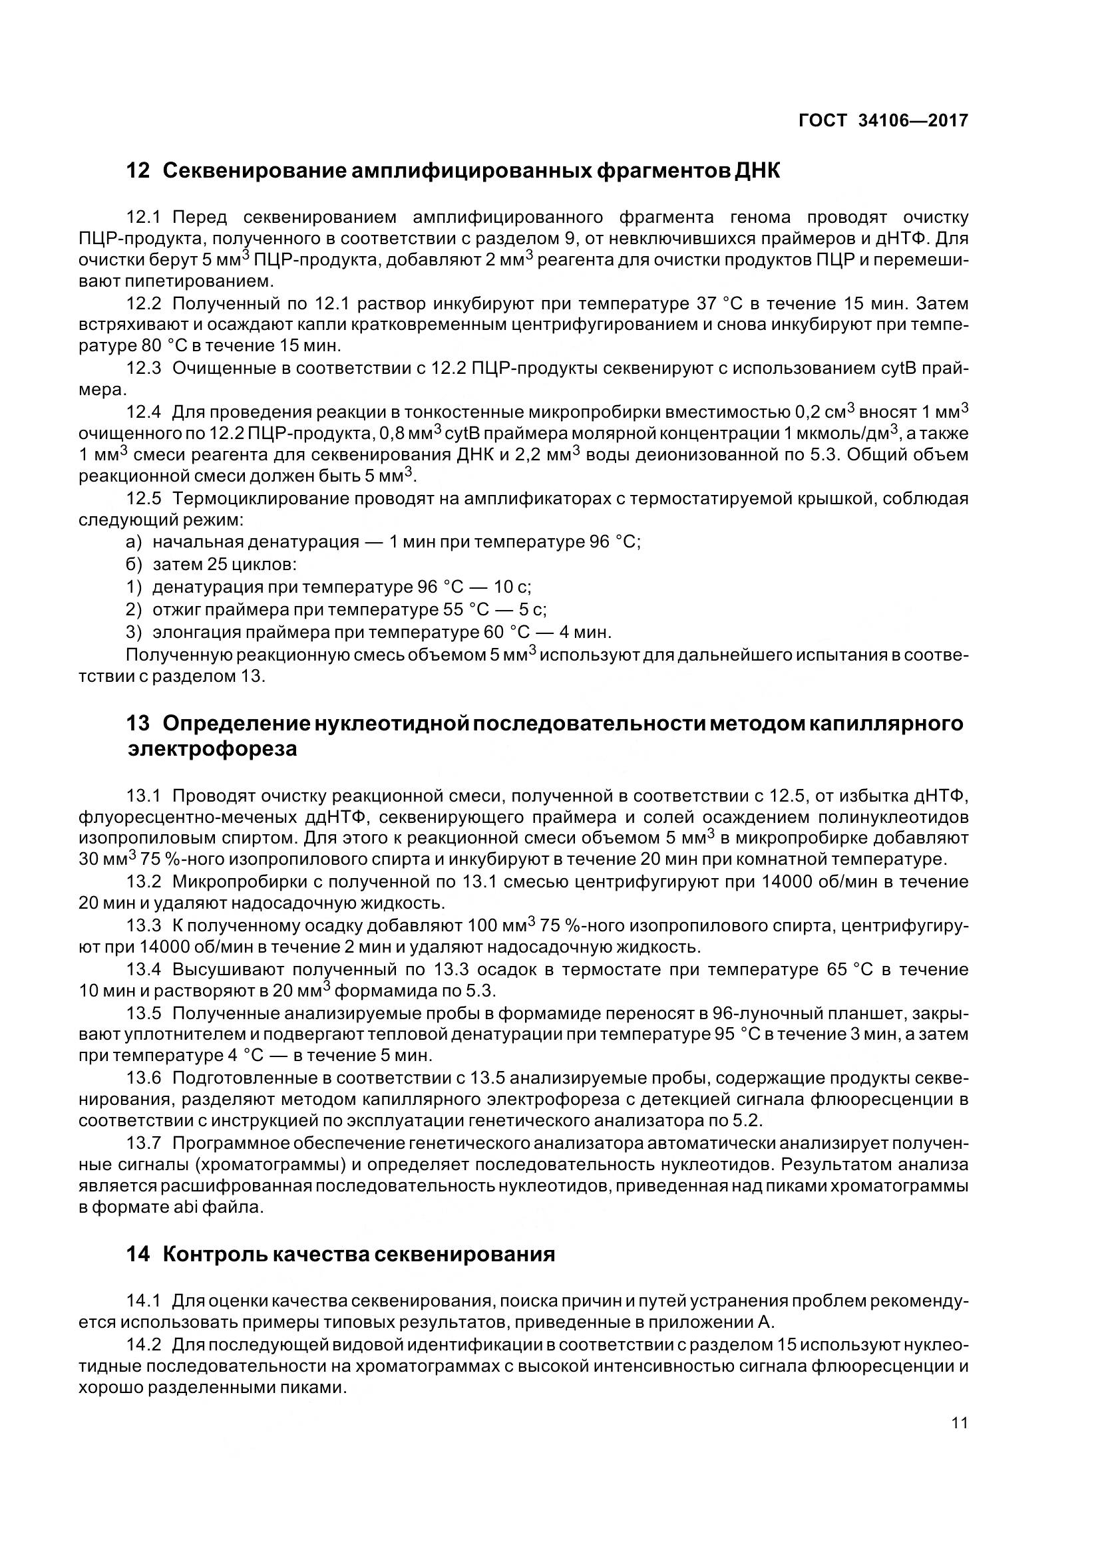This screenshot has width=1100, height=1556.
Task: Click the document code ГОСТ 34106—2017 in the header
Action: click(883, 120)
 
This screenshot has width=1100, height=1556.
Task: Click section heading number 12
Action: click(138, 171)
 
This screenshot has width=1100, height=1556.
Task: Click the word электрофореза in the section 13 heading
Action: click(212, 749)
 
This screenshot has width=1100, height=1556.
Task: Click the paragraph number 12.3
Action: click(144, 368)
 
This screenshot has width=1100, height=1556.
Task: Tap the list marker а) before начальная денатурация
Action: click(134, 542)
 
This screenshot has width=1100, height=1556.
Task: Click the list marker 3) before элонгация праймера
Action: click(134, 632)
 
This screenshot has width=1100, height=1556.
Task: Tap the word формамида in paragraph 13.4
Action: click(387, 991)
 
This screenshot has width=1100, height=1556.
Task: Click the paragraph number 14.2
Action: click(144, 1344)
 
